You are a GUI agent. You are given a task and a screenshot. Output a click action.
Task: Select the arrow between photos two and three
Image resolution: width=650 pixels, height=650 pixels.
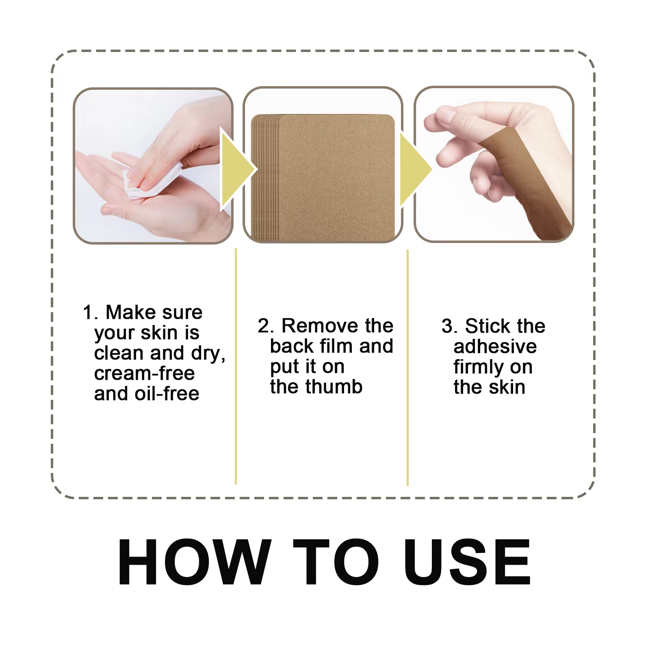click(414, 169)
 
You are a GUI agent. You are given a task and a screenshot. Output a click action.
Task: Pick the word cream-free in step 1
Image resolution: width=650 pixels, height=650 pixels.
click(144, 373)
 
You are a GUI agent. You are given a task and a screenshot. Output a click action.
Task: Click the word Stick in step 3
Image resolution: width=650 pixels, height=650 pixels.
click(487, 326)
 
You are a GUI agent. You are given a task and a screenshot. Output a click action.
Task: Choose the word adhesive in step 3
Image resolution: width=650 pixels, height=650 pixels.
click(495, 347)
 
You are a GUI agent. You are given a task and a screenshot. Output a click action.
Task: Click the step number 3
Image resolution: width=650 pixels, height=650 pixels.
click(447, 326)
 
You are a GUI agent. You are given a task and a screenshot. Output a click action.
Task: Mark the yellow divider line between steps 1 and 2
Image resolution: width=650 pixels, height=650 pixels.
click(236, 366)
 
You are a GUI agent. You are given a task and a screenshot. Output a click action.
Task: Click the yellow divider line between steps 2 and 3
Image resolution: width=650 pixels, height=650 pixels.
click(407, 366)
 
